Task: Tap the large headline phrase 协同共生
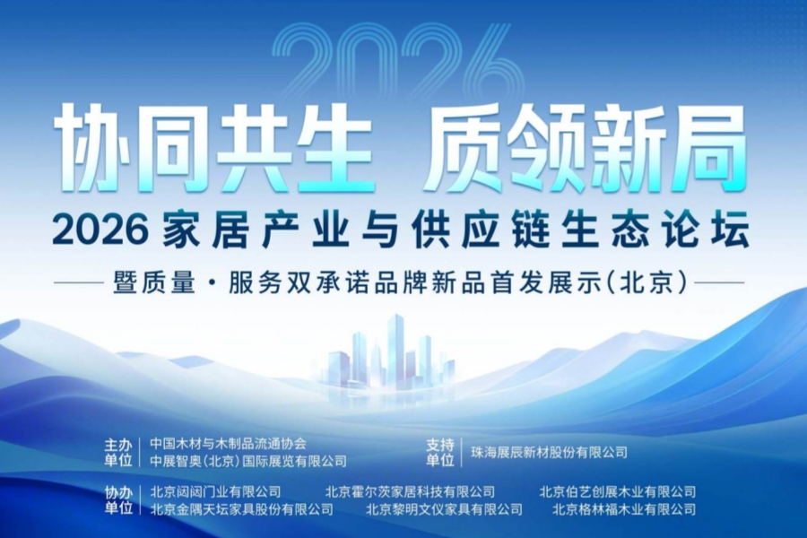tap(213, 147)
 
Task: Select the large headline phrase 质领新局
tap(586, 147)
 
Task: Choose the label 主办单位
tap(118, 452)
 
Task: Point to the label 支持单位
tap(438, 452)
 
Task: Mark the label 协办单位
tap(118, 500)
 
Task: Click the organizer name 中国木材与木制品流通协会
tap(228, 443)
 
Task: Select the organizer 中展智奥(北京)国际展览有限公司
tap(247, 461)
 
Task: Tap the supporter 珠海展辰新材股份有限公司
tap(549, 452)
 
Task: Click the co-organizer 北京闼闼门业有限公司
tap(215, 491)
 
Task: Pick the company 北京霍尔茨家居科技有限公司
tap(410, 491)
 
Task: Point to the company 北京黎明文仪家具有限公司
tap(444, 509)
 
